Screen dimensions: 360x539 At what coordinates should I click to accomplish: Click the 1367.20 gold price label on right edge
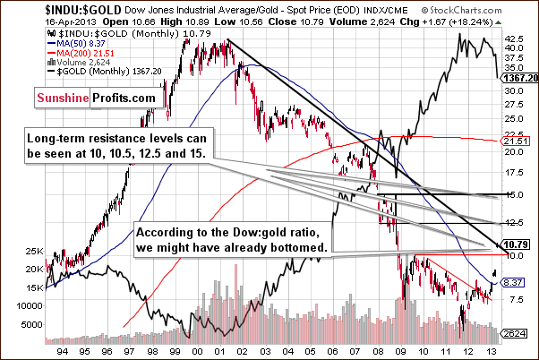[x=518, y=79]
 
